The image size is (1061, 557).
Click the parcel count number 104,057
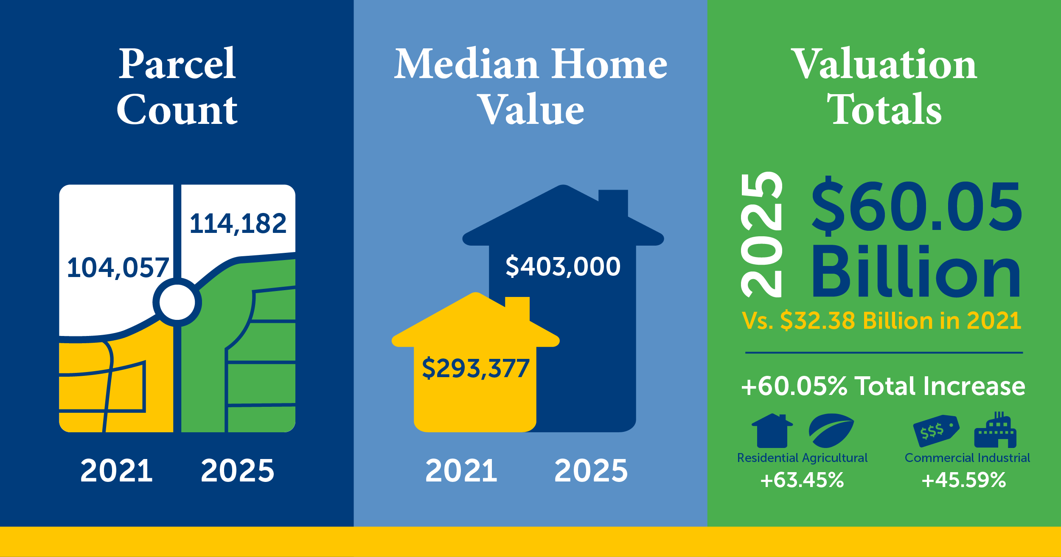pyautogui.click(x=118, y=268)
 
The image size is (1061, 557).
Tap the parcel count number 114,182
pyautogui.click(x=238, y=224)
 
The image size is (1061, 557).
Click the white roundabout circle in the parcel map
pyautogui.click(x=177, y=302)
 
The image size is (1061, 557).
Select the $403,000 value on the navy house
pyautogui.click(x=563, y=266)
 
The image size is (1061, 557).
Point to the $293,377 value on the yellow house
pyautogui.click(x=475, y=368)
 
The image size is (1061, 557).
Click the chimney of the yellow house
pyautogui.click(x=517, y=309)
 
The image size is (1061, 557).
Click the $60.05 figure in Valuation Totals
pyautogui.click(x=917, y=207)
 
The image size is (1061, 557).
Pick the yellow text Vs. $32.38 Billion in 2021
pyautogui.click(x=881, y=321)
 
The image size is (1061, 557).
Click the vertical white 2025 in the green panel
pyautogui.click(x=761, y=235)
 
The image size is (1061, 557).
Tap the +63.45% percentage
pyautogui.click(x=802, y=480)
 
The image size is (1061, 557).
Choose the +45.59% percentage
pyautogui.click(x=964, y=480)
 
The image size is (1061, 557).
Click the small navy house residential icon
pyautogui.click(x=772, y=431)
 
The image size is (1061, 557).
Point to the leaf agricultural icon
pyautogui.click(x=831, y=431)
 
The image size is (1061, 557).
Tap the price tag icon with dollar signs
pyautogui.click(x=936, y=431)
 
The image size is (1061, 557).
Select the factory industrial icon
pyautogui.click(x=995, y=430)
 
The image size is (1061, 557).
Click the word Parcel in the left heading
pyautogui.click(x=177, y=64)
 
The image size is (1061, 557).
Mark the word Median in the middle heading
pyautogui.click(x=466, y=64)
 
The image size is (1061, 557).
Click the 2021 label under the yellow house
pyautogui.click(x=461, y=471)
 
